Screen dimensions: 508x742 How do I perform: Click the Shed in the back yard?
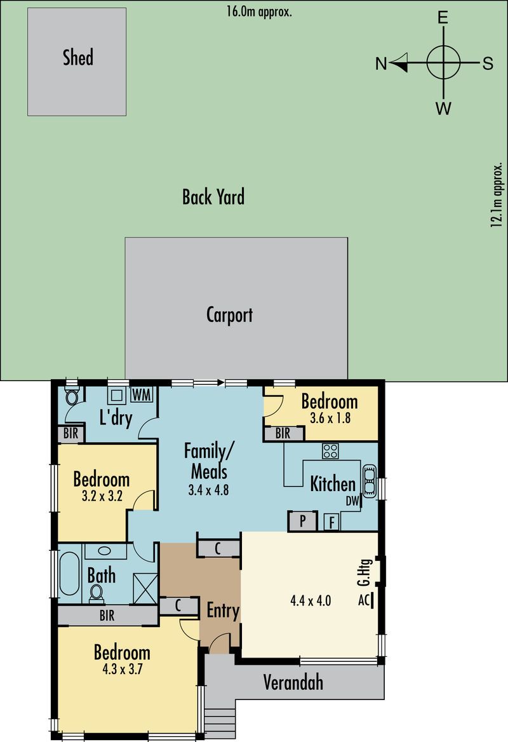[77, 62]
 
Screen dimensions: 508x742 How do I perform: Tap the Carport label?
[229, 315]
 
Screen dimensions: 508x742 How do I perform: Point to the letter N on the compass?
[381, 64]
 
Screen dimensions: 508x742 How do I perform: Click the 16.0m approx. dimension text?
[258, 11]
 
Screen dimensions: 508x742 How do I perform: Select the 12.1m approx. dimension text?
[496, 196]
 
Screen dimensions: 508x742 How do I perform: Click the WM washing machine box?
[142, 395]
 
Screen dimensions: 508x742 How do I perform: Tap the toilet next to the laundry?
[72, 396]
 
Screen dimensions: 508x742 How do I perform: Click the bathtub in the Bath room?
[69, 574]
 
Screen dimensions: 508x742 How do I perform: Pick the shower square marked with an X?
[145, 588]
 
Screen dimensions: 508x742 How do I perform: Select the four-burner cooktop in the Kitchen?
[330, 451]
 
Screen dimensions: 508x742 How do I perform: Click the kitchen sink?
[369, 481]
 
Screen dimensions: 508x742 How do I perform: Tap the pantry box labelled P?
[302, 521]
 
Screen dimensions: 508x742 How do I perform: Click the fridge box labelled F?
[332, 522]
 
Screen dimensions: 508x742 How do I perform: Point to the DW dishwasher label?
[353, 501]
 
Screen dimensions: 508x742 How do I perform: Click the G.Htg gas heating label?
[364, 572]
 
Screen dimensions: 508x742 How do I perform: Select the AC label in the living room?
[364, 600]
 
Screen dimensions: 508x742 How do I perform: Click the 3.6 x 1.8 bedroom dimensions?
[330, 418]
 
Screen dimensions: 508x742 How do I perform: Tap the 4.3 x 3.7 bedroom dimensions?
[122, 669]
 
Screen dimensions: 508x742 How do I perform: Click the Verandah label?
[293, 682]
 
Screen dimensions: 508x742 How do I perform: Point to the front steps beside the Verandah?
[220, 722]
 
